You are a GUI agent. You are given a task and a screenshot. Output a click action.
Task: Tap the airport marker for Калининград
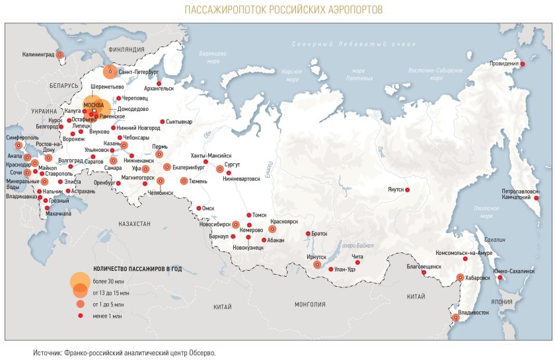(x=59, y=55)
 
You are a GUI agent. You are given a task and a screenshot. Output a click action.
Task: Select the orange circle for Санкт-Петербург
(x=110, y=71)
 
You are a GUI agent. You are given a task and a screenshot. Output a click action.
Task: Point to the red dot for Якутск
(x=407, y=190)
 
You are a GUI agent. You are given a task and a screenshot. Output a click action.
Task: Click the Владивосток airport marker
(x=455, y=318)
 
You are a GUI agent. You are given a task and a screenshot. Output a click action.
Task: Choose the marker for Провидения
(x=522, y=64)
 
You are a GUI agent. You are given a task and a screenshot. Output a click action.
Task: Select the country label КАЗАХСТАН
(x=135, y=224)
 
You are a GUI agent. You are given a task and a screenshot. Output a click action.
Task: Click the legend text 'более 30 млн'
(x=108, y=282)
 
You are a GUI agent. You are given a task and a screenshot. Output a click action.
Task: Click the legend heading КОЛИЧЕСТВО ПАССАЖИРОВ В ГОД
(x=137, y=269)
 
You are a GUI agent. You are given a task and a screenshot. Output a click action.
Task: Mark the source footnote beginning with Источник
(x=124, y=353)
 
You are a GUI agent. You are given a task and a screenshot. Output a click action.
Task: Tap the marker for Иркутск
(x=317, y=264)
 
